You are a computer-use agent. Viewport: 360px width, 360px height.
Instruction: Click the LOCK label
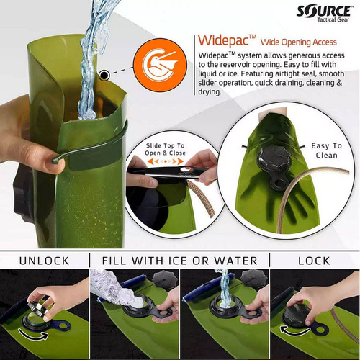point(314,260)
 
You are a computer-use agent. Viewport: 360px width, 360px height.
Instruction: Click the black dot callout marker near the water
point(105,74)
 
